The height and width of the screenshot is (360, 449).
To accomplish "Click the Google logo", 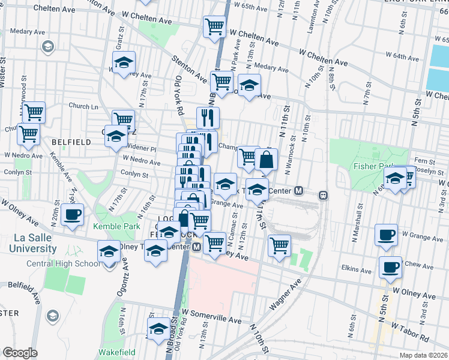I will [20, 353].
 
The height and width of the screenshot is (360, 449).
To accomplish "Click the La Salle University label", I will [40, 243].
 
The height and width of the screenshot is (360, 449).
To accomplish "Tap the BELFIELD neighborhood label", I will [71, 142].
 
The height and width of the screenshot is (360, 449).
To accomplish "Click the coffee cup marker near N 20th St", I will [72, 214].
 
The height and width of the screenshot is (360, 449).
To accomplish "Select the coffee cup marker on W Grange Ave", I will [386, 235].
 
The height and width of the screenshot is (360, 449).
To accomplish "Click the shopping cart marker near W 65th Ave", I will [214, 26].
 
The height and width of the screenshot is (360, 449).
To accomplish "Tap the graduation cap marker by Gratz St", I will [124, 62].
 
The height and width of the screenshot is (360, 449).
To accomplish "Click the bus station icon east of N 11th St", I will [323, 194].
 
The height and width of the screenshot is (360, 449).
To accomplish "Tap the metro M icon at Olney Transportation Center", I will [196, 247].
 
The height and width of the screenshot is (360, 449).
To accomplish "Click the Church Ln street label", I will [83, 106].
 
